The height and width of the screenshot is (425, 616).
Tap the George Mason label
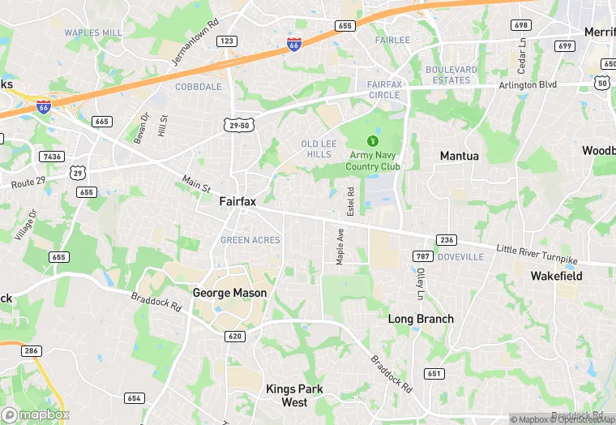click(x=229, y=293)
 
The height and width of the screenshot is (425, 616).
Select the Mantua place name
click(x=459, y=155)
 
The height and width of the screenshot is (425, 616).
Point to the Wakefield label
click(x=556, y=276)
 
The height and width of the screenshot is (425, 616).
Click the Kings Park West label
click(x=294, y=396)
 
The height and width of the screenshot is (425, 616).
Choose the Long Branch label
click(x=421, y=319)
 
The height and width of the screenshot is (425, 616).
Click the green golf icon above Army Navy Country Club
click(x=373, y=140)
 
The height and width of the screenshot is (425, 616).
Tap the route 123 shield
click(x=227, y=41)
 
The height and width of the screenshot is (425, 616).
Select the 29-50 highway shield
click(x=240, y=123)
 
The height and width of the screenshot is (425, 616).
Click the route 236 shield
click(x=446, y=240)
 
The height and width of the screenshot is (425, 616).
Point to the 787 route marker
click(x=422, y=256)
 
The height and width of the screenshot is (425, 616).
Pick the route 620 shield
click(x=235, y=336)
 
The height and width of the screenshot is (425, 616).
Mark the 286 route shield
click(x=32, y=350)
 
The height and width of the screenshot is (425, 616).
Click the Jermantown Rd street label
click(x=195, y=44)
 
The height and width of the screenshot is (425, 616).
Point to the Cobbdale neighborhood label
click(x=199, y=87)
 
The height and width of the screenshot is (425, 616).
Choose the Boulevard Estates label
click(x=451, y=75)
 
